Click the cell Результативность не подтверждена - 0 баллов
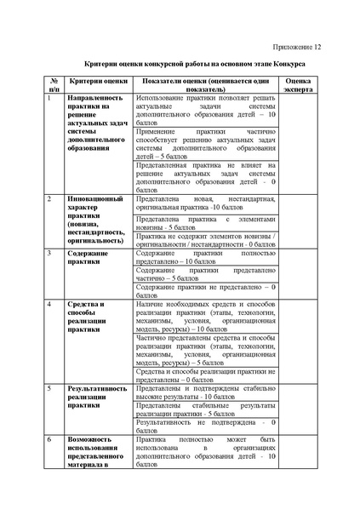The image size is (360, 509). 205,426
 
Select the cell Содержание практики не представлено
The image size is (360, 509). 205,290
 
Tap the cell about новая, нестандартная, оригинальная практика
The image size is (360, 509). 205,203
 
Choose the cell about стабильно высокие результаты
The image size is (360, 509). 205,392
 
